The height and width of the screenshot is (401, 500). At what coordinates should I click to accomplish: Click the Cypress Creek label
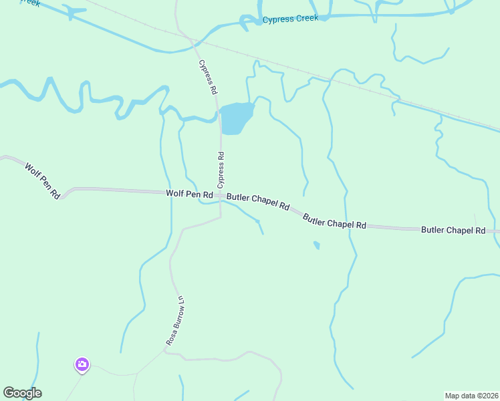pos(290,19)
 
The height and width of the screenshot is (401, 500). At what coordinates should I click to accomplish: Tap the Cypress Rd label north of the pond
pos(208,77)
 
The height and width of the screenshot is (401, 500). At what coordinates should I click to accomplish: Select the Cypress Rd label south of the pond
pos(220,170)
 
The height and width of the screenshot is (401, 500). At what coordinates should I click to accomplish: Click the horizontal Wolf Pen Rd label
pos(189,194)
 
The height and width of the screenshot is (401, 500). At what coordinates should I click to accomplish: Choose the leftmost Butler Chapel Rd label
pos(257,202)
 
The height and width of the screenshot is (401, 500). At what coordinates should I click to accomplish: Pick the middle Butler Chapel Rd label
pos(334,221)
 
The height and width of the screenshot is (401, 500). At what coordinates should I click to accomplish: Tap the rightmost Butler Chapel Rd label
pos(453,230)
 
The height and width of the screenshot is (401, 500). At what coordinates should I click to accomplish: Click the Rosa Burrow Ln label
pos(174,319)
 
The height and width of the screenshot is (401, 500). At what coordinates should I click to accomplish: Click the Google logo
pos(22,393)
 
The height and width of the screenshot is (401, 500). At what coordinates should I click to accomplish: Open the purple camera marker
pos(82,364)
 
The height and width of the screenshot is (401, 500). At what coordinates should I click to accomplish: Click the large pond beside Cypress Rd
pos(236,118)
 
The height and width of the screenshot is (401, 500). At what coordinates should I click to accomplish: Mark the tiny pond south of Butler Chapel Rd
pos(317,245)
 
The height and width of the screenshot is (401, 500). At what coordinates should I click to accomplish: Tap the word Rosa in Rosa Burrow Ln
pos(170,336)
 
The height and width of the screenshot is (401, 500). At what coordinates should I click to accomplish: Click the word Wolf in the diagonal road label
pos(32,171)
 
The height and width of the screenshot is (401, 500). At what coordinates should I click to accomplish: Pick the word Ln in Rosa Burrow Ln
pos(180,298)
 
